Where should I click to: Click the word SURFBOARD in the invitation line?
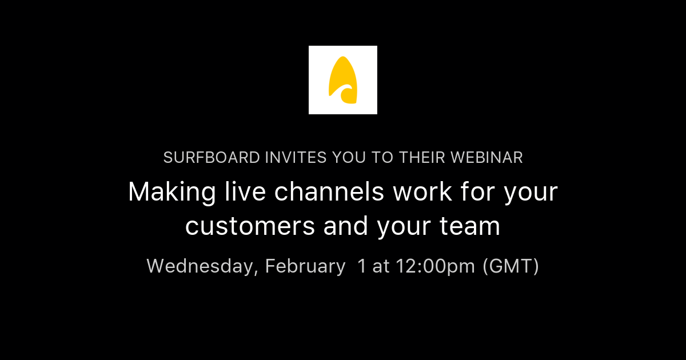[211, 158]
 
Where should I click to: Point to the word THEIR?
[423, 158]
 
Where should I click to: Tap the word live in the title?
[237, 193]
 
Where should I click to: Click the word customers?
[250, 226]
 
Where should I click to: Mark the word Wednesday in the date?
[201, 266]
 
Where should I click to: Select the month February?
[305, 266]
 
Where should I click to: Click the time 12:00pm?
[435, 266]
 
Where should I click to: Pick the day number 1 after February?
[361, 266]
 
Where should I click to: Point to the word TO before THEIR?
[381, 158]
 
